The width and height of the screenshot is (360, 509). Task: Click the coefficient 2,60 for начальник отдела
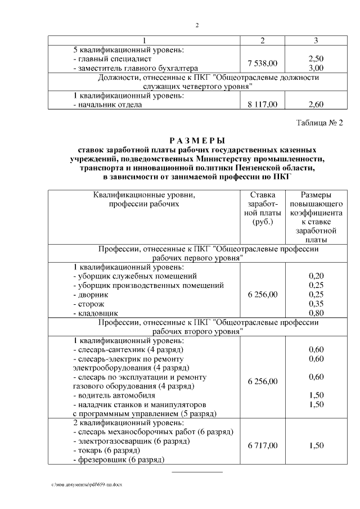[316, 104]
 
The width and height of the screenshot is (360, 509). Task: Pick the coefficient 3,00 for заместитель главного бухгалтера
[316, 67]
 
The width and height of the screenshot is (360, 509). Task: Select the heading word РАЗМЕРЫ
[197, 141]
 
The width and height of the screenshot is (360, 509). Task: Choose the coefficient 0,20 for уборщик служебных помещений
[316, 276]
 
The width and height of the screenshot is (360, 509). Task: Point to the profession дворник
[91, 294]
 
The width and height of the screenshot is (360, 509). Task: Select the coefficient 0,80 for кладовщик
[316, 312]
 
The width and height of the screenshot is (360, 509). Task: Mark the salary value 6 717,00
[263, 445]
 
